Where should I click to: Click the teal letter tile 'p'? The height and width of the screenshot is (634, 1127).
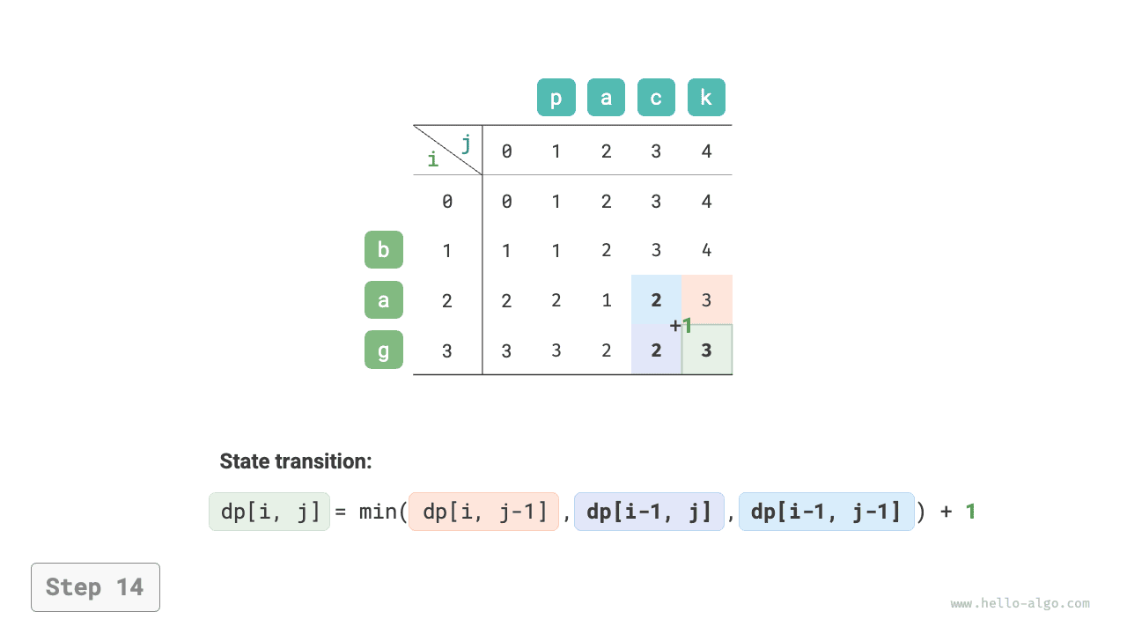[x=556, y=97]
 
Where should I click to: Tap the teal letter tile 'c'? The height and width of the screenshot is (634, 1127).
[x=656, y=97]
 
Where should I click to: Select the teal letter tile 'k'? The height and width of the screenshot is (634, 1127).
[x=706, y=97]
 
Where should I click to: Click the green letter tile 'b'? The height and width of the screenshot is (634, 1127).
[x=384, y=249]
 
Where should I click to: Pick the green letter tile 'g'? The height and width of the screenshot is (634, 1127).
[x=384, y=350]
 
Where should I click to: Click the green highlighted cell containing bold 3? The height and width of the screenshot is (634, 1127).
[x=707, y=350]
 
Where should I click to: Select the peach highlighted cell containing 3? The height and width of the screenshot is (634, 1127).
[x=707, y=300]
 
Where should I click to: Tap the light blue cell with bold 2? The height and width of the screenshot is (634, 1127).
[x=656, y=300]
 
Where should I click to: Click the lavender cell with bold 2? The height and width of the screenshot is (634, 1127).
[x=656, y=350]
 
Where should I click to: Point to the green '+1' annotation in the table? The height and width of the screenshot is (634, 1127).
[x=681, y=326]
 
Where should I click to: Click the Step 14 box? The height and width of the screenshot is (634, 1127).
[x=96, y=587]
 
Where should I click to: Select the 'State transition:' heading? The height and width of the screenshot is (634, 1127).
[x=296, y=461]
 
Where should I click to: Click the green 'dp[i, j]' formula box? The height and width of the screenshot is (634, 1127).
[x=269, y=512]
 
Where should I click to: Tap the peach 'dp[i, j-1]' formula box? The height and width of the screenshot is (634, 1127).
[x=483, y=512]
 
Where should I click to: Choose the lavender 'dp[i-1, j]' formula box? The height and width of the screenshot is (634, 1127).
[x=649, y=512]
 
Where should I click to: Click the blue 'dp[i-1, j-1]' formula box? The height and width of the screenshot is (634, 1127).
[x=827, y=512]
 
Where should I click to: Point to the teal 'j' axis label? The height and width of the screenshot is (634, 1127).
[x=467, y=144]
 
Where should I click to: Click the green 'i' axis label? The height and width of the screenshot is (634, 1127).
[x=433, y=159]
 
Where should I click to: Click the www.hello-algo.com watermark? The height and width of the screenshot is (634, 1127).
[x=1020, y=603]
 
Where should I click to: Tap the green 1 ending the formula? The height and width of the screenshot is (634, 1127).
[x=970, y=512]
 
